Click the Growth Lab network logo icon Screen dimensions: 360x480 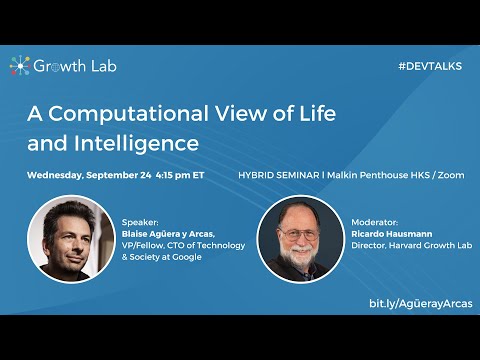[x=19, y=66]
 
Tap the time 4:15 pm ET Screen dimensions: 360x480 [x=180, y=174]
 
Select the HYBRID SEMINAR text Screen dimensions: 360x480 [x=274, y=174]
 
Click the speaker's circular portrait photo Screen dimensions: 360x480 [x=69, y=238]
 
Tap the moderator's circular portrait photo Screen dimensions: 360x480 [x=299, y=238]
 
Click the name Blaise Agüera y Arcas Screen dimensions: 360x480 [x=166, y=234]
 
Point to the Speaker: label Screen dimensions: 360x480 [x=139, y=222]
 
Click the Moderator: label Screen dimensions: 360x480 [x=374, y=222]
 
